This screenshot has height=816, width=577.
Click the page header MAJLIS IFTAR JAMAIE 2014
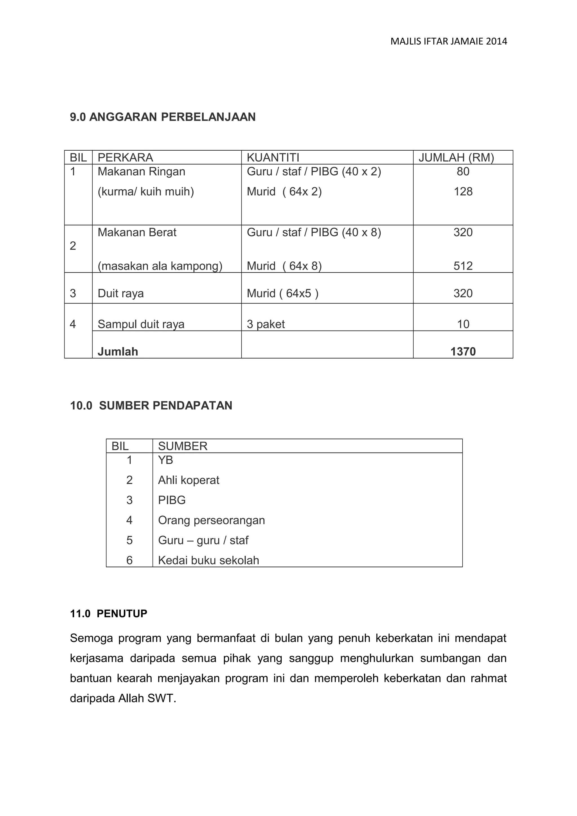[x=448, y=42]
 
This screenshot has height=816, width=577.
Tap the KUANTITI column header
[x=273, y=157]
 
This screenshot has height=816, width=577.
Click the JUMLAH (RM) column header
[x=456, y=157]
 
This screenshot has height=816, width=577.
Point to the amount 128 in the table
[x=463, y=191]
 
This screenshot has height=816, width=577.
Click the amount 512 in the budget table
[x=463, y=266]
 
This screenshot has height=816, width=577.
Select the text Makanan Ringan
[x=141, y=172]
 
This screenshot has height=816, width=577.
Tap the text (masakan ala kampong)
[x=160, y=266]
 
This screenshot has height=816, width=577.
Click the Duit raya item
[x=121, y=294]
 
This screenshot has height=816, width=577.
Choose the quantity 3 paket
[x=266, y=324]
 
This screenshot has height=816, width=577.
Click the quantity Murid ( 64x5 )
[x=282, y=294]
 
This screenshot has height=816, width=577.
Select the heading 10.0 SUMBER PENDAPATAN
[x=151, y=405]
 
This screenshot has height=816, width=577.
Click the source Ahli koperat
[x=188, y=480]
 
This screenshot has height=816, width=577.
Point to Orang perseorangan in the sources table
[x=211, y=520]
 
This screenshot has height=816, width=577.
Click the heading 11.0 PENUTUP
[x=108, y=614]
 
